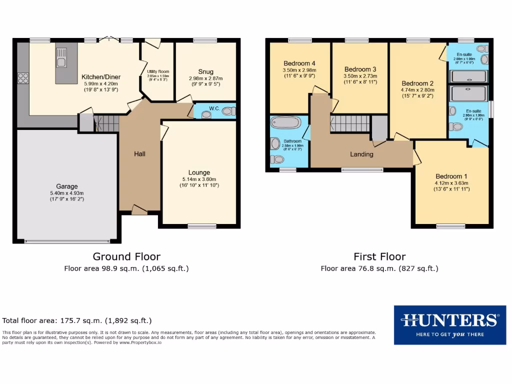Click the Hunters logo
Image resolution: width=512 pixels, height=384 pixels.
(x=449, y=324)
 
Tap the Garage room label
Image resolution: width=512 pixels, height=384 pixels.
(x=66, y=186)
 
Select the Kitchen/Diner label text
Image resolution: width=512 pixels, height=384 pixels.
(x=101, y=77)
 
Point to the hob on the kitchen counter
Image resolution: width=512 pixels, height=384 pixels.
(x=23, y=77)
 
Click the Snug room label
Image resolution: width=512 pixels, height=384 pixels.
(x=205, y=71)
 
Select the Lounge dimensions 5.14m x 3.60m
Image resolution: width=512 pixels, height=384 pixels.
(x=199, y=179)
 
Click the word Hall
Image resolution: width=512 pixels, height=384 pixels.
(x=139, y=154)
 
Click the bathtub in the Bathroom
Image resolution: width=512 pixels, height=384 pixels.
(x=284, y=122)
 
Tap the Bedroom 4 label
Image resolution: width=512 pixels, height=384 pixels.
(x=299, y=63)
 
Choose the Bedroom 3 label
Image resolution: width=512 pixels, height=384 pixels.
(x=360, y=69)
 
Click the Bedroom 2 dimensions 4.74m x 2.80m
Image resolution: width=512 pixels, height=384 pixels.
(x=417, y=90)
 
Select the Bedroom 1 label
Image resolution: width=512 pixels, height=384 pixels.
(x=451, y=176)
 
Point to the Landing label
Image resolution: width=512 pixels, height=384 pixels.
(x=361, y=154)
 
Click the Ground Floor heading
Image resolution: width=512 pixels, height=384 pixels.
(x=126, y=256)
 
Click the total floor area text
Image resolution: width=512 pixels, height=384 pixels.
(x=77, y=320)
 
